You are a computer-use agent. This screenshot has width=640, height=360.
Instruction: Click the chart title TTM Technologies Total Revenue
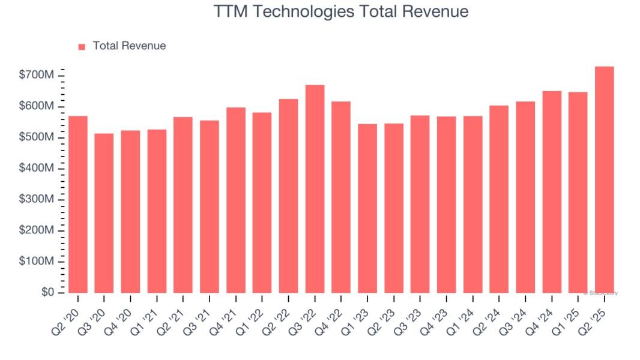[x=340, y=11]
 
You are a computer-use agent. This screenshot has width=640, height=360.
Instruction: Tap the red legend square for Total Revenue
[x=82, y=46]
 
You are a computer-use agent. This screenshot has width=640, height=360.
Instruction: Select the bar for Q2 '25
[x=604, y=180]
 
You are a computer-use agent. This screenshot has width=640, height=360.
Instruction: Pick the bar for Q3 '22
[x=315, y=189]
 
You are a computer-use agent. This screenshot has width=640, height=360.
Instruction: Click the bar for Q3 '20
[x=104, y=213]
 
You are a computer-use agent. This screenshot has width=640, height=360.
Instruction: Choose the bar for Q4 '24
[x=552, y=192]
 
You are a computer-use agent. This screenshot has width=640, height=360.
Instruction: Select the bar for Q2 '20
[x=78, y=204]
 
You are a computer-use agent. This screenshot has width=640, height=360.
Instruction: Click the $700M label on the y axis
[x=37, y=75]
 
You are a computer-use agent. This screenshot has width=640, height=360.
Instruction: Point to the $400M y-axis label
[x=37, y=169]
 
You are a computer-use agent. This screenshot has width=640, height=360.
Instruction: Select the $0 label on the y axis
[x=47, y=293]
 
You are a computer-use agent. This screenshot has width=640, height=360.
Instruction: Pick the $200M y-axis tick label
[x=37, y=230]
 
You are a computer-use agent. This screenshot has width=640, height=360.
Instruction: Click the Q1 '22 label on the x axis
[x=255, y=313]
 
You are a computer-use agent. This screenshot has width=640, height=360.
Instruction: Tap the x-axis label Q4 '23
[x=440, y=313]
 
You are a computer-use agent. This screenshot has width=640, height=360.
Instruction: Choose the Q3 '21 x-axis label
[x=203, y=313]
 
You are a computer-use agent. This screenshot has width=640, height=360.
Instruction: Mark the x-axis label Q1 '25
[x=572, y=313]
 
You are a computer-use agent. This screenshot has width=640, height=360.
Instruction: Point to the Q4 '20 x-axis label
[x=124, y=313]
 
